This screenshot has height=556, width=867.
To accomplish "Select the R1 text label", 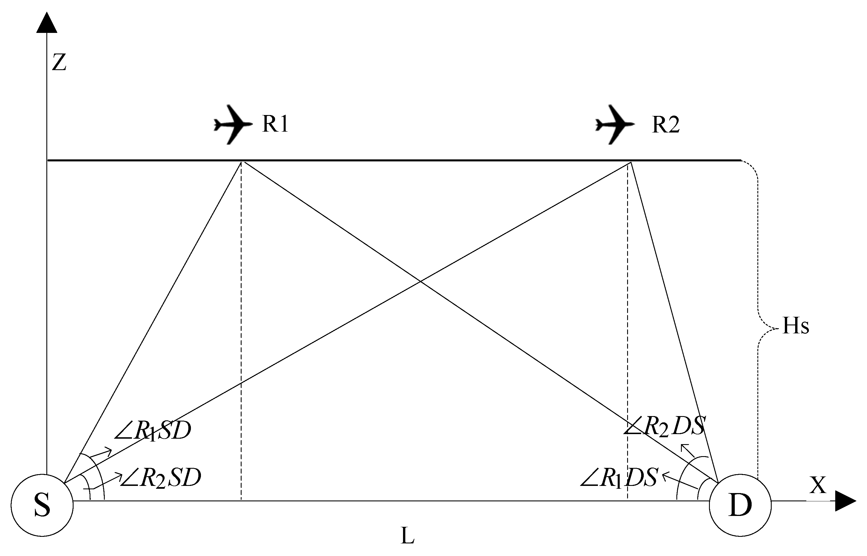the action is [275, 124].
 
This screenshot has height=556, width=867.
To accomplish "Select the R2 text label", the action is [665, 125].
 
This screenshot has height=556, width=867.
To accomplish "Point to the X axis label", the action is [817, 486].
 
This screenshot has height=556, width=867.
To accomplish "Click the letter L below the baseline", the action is [407, 536].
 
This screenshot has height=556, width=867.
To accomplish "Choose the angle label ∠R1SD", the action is [152, 431].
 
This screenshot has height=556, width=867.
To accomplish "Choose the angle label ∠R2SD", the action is [161, 478].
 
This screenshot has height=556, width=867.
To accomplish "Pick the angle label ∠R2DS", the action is [664, 426].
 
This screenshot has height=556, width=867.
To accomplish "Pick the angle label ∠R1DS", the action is [619, 478].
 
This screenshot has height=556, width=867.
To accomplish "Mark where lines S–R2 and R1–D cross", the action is [420, 281].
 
